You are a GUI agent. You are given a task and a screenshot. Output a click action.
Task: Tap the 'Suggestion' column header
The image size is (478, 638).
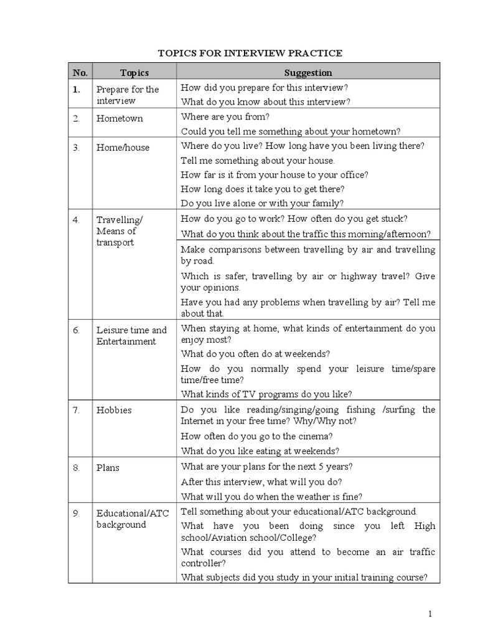pyautogui.click(x=308, y=73)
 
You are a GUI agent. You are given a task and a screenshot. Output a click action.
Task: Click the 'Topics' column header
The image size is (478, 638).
pyautogui.click(x=134, y=73)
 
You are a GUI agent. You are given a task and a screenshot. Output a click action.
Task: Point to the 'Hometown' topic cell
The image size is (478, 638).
pyautogui.click(x=119, y=118)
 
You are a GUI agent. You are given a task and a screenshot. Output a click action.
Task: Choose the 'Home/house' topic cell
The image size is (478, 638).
pyautogui.click(x=123, y=148)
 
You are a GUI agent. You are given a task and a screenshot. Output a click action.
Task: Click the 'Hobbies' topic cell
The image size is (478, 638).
pyautogui.click(x=114, y=411)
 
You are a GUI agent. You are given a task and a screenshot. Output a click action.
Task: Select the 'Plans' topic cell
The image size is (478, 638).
pyautogui.click(x=108, y=467)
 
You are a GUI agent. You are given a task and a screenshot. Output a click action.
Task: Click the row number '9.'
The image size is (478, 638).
pyautogui.click(x=76, y=513)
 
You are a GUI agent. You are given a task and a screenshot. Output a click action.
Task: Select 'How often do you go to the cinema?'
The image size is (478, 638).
pyautogui.click(x=257, y=436)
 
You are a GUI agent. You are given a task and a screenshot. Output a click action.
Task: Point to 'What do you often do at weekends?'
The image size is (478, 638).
pyautogui.click(x=255, y=353)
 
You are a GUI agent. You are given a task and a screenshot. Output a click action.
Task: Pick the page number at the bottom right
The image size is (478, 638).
pyautogui.click(x=429, y=615)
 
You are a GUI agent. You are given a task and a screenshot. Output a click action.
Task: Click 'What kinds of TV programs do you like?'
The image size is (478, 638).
pyautogui.click(x=267, y=394)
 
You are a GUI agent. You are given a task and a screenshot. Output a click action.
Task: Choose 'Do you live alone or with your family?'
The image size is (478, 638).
pyautogui.click(x=262, y=203)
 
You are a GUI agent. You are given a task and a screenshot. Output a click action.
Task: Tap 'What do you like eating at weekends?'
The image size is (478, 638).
pyautogui.click(x=260, y=450)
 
